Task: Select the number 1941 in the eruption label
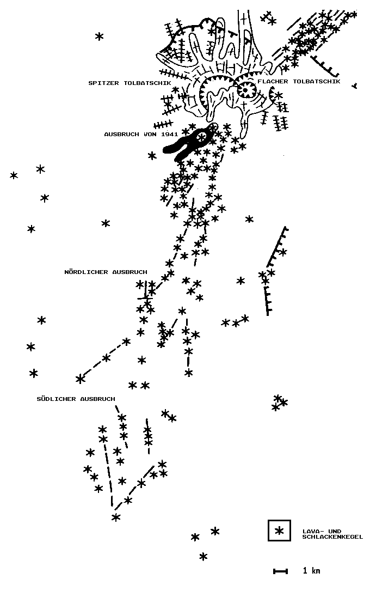[169, 134]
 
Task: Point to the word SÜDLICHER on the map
[56, 399]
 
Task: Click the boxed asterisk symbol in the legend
[279, 531]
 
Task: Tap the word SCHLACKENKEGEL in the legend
[332, 537]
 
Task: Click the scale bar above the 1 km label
[280, 571]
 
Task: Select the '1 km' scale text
[312, 571]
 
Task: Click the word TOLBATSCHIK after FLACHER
[317, 81]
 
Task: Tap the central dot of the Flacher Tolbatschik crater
[246, 90]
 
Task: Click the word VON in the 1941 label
[151, 134]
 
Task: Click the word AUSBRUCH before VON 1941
[122, 134]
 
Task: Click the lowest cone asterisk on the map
[203, 556]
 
